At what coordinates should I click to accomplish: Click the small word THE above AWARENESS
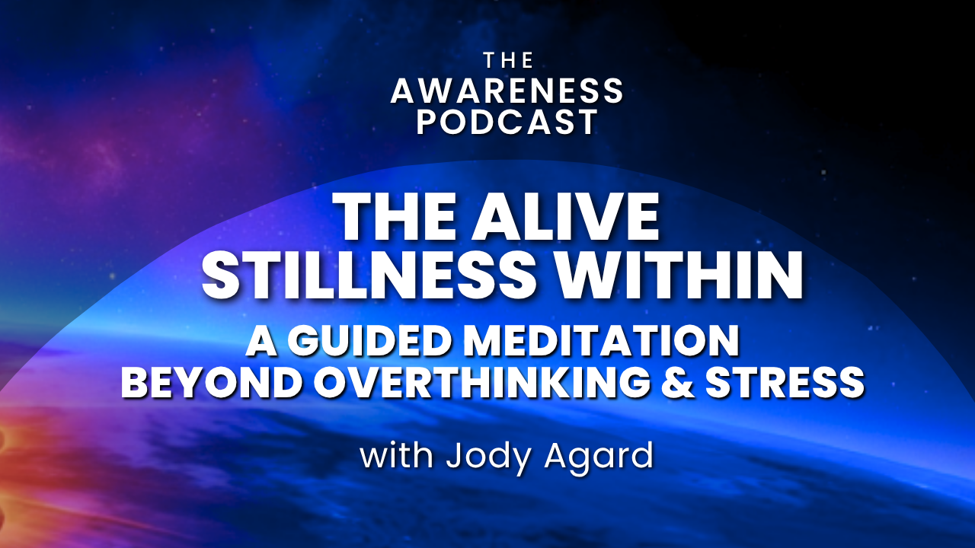508,60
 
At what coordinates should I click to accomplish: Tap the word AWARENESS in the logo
507,91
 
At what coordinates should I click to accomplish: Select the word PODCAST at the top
507,122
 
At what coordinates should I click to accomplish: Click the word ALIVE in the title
566,216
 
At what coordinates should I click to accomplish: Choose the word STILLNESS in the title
369,275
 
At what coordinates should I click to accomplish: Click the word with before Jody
397,456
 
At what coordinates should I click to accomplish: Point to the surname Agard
599,459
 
